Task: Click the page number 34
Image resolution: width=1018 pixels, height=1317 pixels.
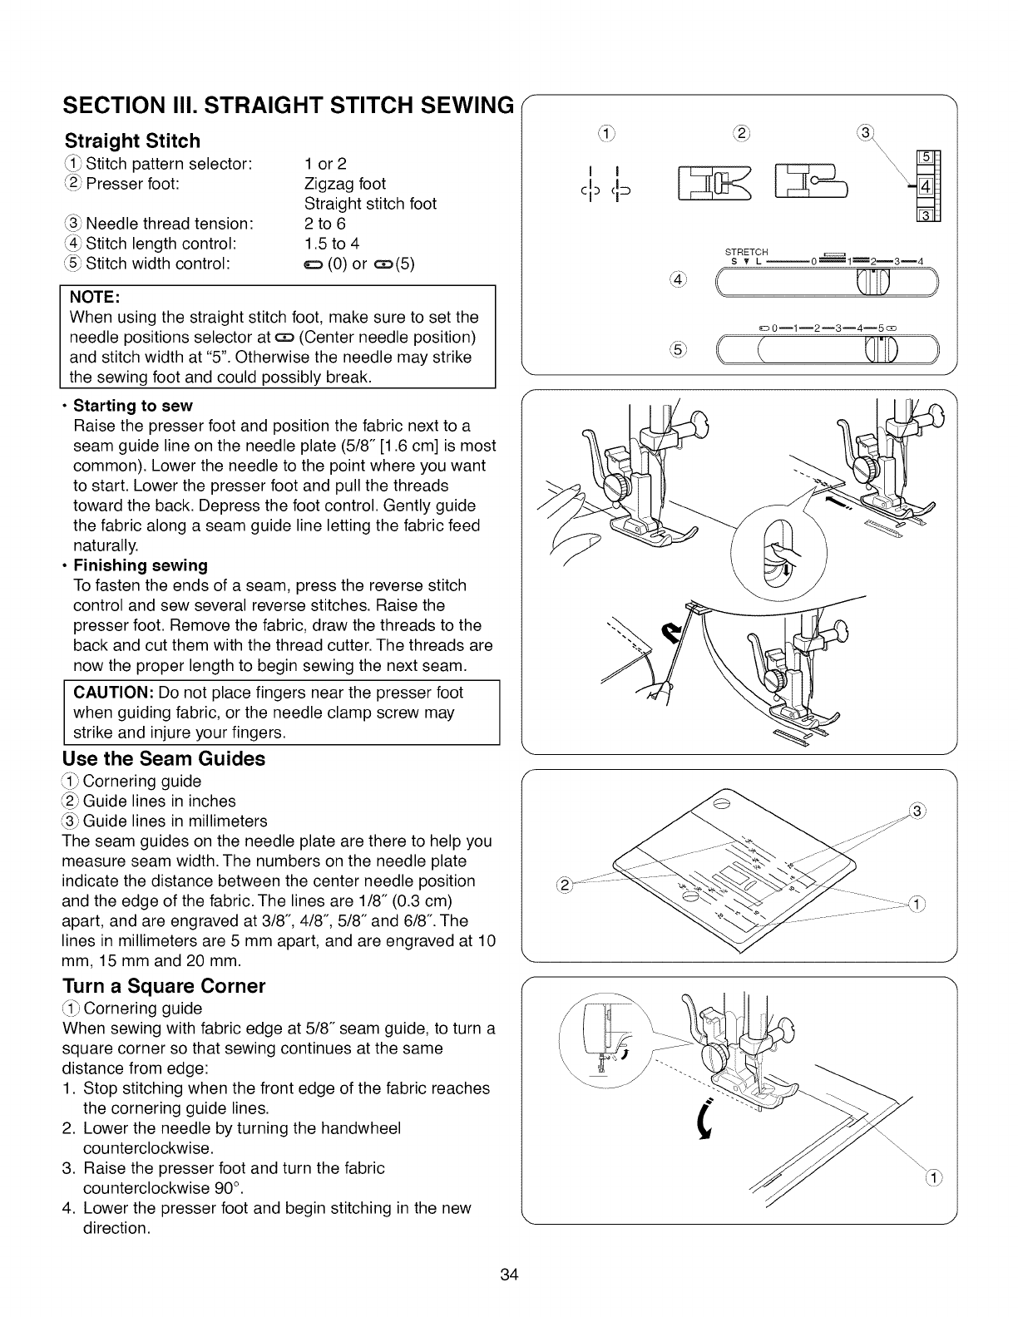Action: pyautogui.click(x=510, y=1275)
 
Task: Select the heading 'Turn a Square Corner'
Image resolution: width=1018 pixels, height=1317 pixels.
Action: pyautogui.click(x=164, y=986)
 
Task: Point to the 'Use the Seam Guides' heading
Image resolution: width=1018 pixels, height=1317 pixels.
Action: pyautogui.click(x=164, y=758)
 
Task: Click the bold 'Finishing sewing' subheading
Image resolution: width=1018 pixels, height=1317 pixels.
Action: pyautogui.click(x=141, y=565)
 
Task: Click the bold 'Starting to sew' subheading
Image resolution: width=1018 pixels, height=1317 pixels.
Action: pyautogui.click(x=133, y=406)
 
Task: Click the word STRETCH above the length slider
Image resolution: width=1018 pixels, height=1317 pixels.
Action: pyautogui.click(x=747, y=252)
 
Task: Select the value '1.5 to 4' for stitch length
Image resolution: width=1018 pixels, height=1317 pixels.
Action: pyautogui.click(x=332, y=244)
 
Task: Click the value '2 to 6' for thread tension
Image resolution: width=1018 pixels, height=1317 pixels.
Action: pyautogui.click(x=325, y=224)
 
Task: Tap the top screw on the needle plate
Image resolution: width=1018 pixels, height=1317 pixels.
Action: pyautogui.click(x=721, y=802)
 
